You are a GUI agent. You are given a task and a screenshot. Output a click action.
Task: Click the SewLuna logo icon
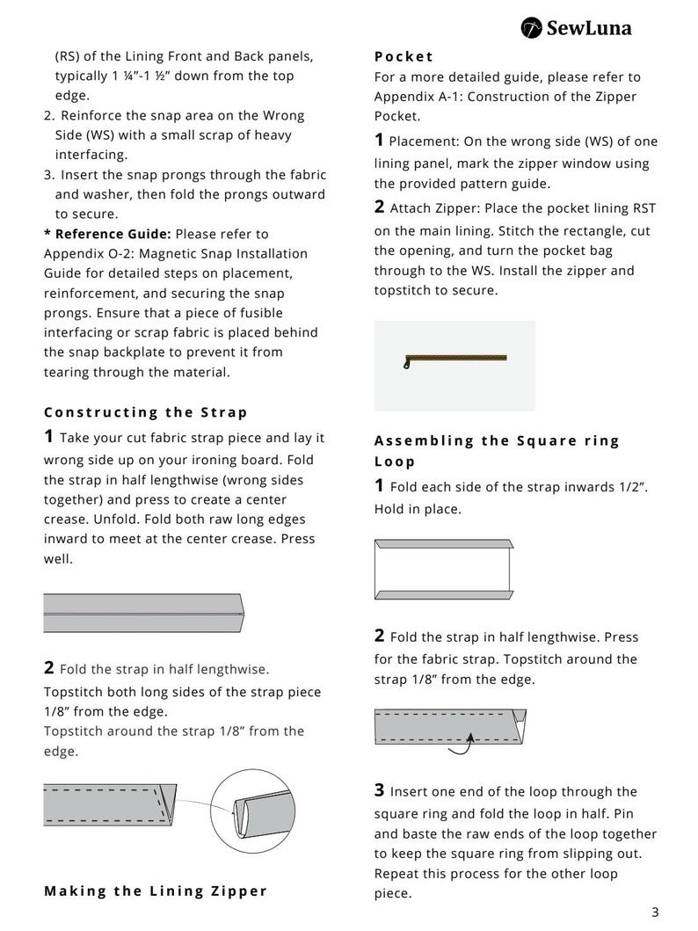(531, 28)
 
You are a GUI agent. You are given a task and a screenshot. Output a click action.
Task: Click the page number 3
(655, 913)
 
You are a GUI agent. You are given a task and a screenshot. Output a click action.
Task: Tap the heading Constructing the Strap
(145, 412)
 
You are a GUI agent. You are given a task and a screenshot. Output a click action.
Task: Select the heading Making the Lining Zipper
(156, 891)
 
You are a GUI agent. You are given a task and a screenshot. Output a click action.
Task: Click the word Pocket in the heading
(404, 56)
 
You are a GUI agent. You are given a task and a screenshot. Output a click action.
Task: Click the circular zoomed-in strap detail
(253, 811)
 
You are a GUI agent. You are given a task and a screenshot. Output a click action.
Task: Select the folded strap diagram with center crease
(143, 613)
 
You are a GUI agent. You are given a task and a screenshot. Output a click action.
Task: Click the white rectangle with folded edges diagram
(444, 570)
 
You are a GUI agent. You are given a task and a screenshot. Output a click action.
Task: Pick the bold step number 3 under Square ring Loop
(379, 790)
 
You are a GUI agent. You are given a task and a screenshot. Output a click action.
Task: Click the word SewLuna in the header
(589, 28)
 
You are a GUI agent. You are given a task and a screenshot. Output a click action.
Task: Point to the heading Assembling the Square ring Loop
(497, 451)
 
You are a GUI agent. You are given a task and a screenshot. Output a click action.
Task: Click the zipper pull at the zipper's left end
(406, 363)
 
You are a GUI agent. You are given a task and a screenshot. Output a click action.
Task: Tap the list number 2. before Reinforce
(49, 116)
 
